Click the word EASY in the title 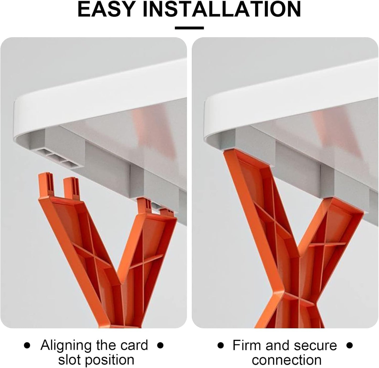pyautogui.click(x=106, y=9)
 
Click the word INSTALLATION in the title pyautogui.click(x=222, y=9)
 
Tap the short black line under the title pyautogui.click(x=189, y=28)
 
